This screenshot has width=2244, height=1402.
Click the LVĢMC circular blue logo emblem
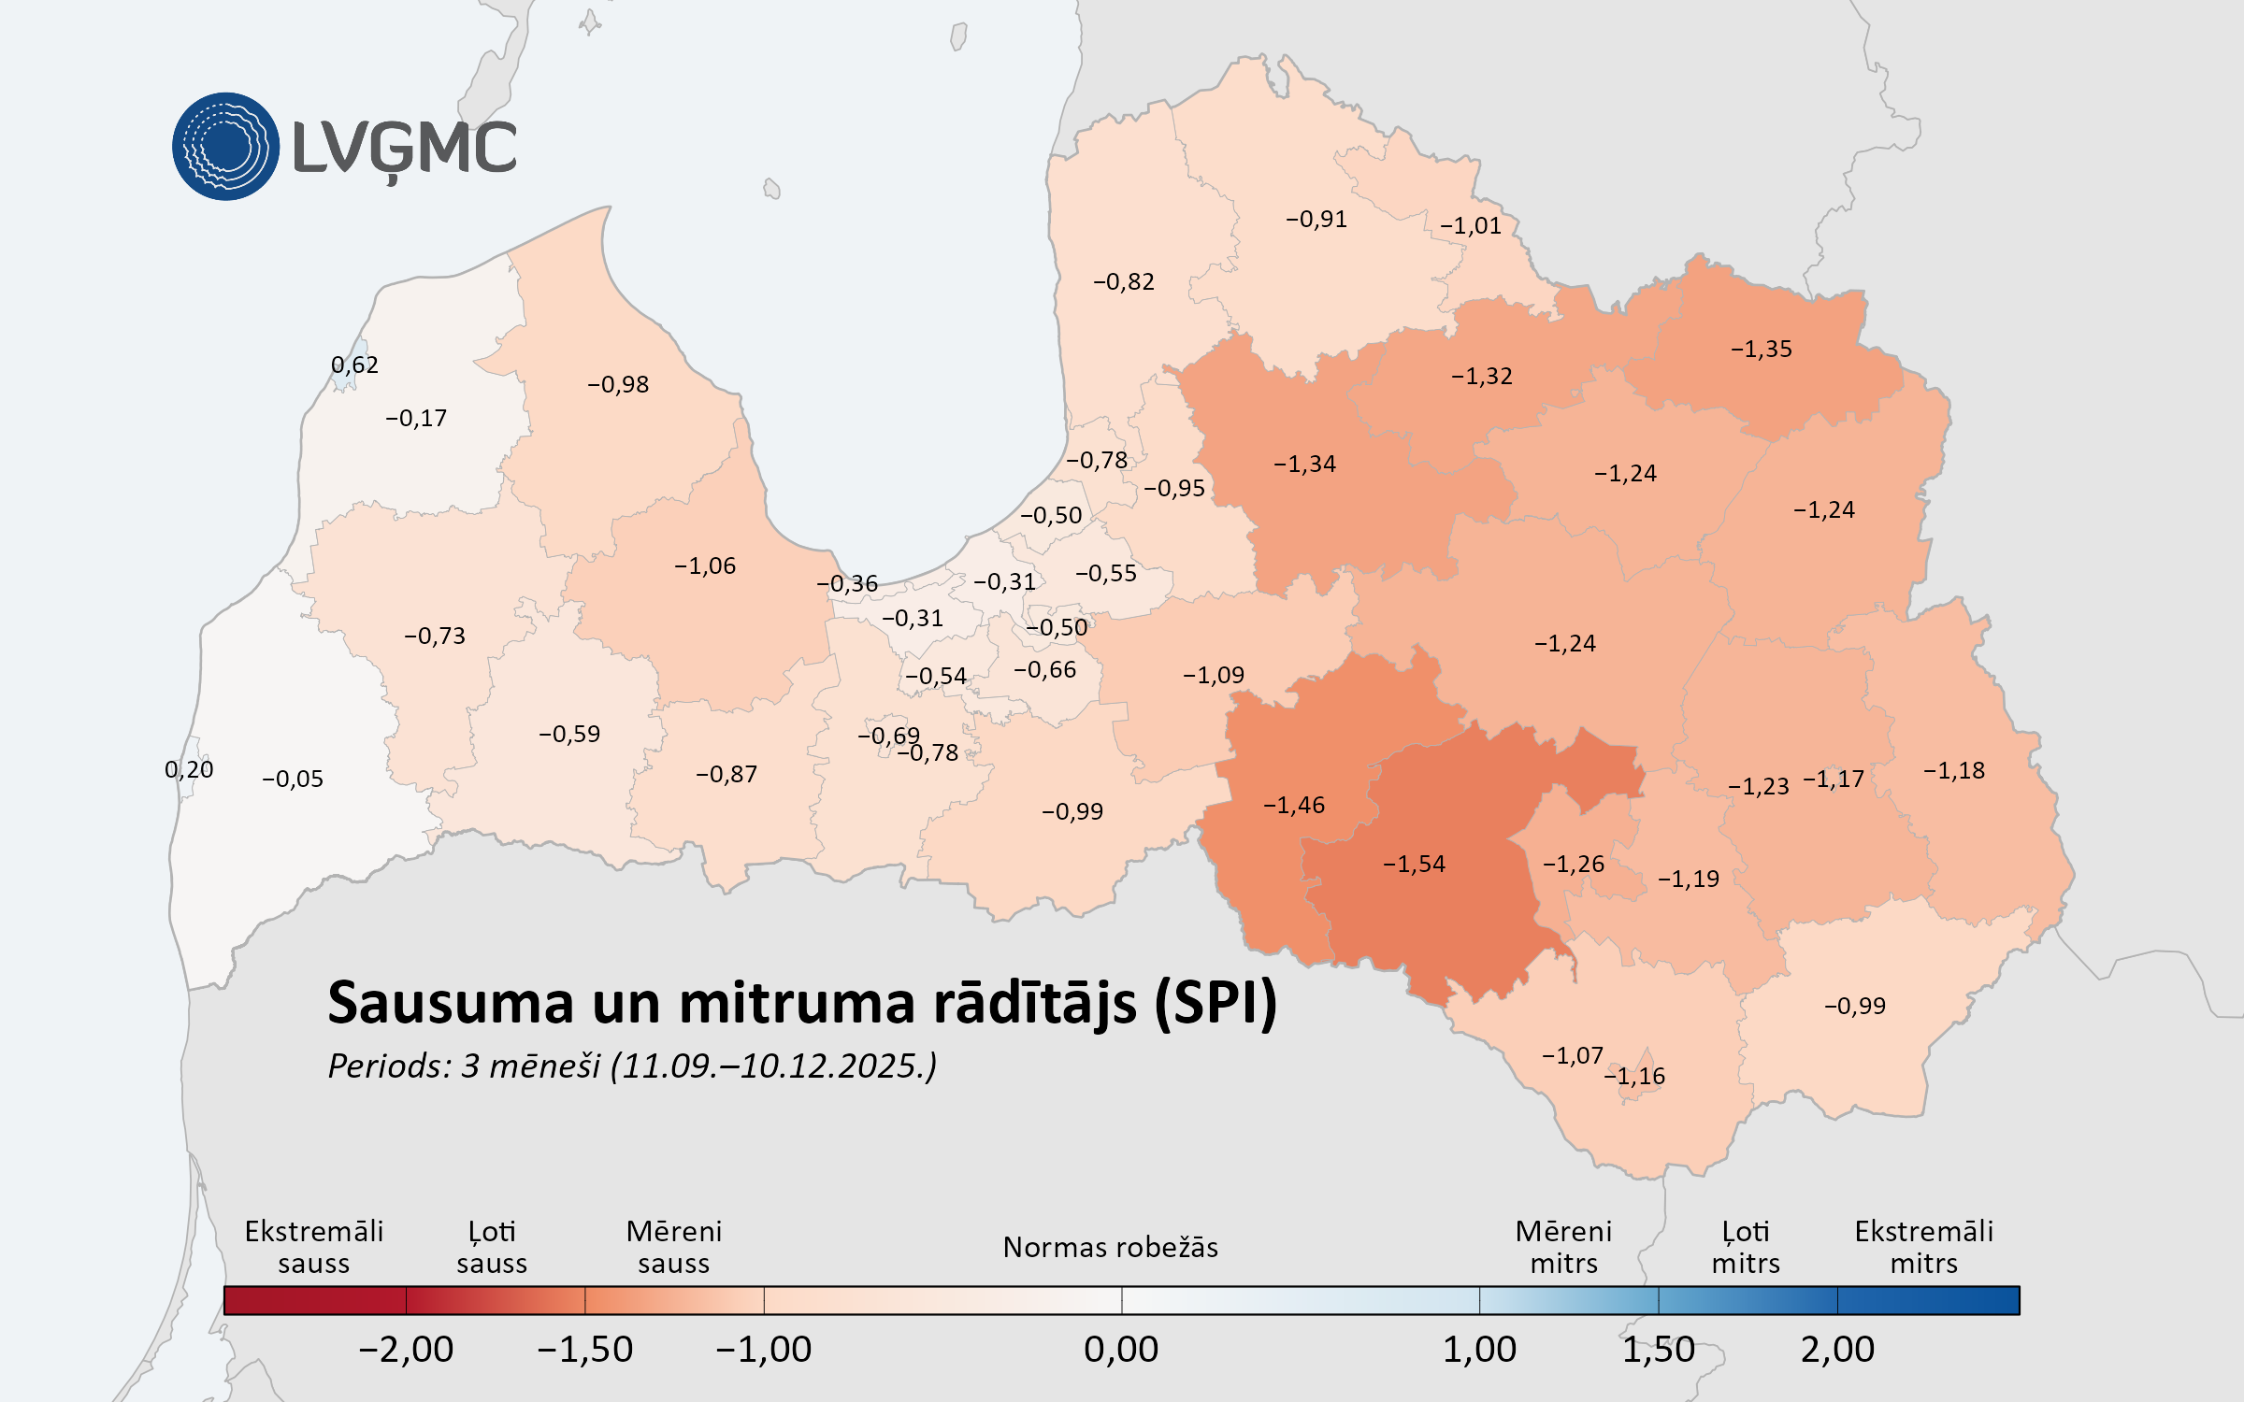click(225, 147)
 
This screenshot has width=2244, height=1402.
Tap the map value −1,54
click(1414, 864)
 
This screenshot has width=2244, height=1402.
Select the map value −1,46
click(1294, 805)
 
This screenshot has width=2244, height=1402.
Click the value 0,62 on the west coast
click(354, 365)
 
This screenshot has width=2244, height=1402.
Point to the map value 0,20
click(189, 769)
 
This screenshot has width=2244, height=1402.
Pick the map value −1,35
click(1761, 349)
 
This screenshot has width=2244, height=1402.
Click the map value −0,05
click(292, 779)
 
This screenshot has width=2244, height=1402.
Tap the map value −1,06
click(705, 565)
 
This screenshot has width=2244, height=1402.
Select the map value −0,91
click(1316, 219)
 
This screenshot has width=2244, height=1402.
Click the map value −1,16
click(1634, 1076)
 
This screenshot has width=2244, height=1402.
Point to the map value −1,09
click(1213, 675)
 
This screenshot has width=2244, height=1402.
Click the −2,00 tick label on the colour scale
click(406, 1349)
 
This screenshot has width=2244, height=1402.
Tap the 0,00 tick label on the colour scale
click(1121, 1349)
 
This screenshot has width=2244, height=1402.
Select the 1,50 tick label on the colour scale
click(1658, 1349)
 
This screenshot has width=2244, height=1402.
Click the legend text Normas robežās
click(1110, 1247)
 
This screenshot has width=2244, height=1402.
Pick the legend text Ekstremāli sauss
click(313, 1247)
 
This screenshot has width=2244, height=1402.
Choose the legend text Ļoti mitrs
click(1746, 1247)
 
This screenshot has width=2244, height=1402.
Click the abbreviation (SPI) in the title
click(1215, 1003)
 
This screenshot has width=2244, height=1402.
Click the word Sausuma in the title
click(450, 1003)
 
